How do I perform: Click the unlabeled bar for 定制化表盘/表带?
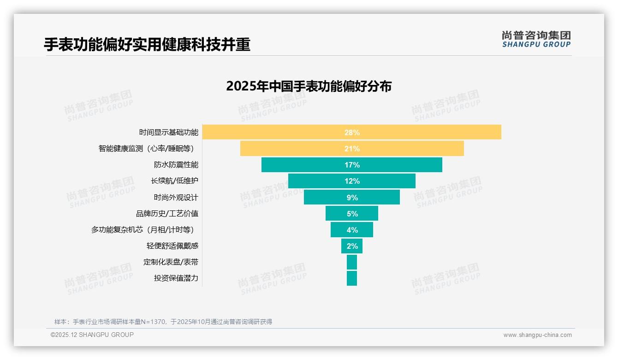pos(352,262)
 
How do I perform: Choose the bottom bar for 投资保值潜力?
pos(352,278)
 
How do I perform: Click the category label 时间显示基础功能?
pos(169,132)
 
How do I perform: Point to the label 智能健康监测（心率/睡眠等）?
pos(146,149)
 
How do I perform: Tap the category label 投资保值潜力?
pos(176,278)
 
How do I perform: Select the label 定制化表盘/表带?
pos(171,262)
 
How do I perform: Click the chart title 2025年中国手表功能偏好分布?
pos(309,86)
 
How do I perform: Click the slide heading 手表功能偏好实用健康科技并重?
pos(147,45)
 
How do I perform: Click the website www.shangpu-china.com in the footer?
pos(537,335)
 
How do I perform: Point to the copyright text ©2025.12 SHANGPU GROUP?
pos(92,335)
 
